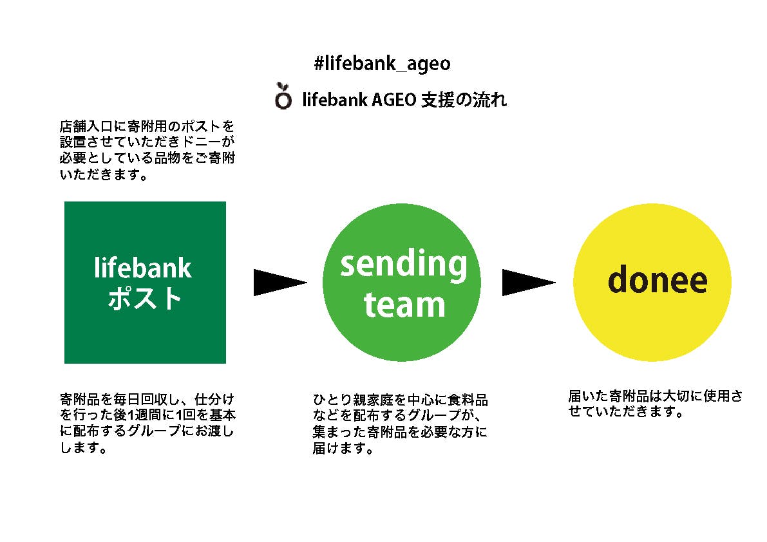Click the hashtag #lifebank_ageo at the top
(382, 64)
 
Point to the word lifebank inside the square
(143, 268)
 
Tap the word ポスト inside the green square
(145, 299)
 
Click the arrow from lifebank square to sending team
(279, 282)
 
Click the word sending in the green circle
(404, 265)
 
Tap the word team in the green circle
(404, 304)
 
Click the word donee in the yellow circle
(658, 280)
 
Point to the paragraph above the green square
(146, 149)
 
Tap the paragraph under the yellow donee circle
(655, 404)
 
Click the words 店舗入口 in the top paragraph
(82, 125)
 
